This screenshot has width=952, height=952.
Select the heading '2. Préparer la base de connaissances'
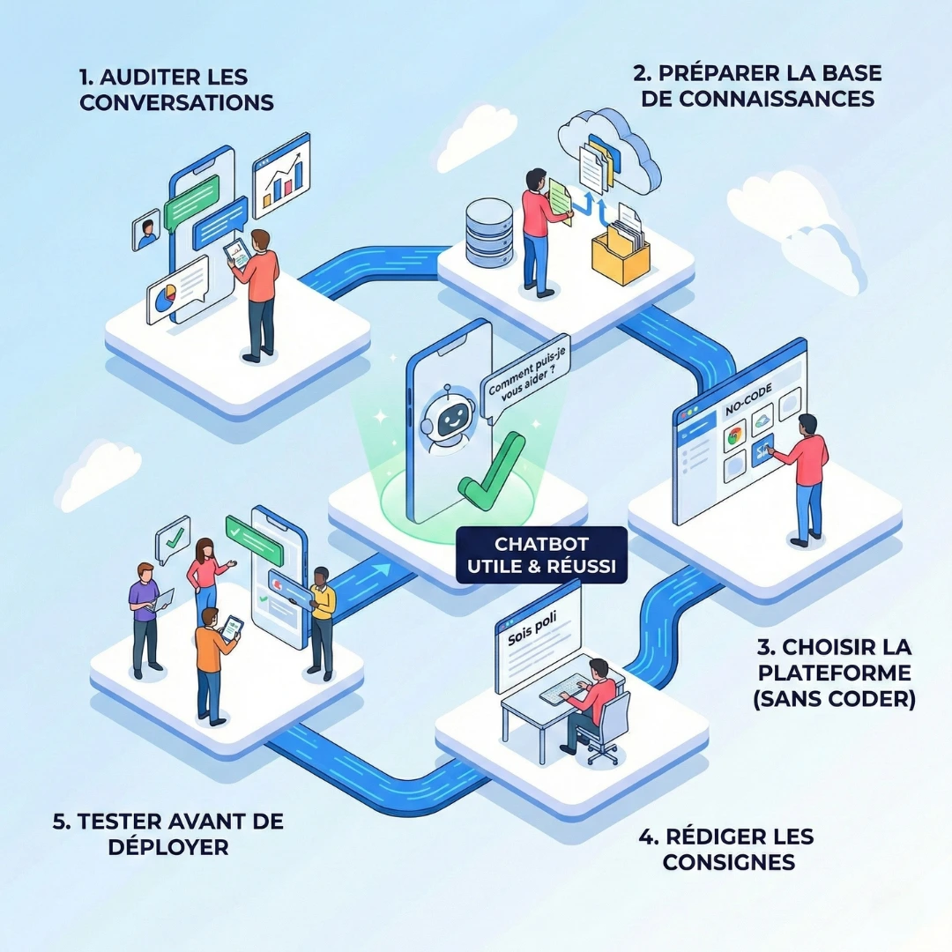[x=758, y=85]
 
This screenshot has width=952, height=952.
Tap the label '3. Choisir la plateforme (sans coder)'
[x=835, y=673]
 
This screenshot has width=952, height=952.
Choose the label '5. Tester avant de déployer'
[x=167, y=834]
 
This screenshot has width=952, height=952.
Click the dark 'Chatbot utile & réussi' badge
[x=541, y=555]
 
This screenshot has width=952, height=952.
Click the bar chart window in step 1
[x=281, y=175]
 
